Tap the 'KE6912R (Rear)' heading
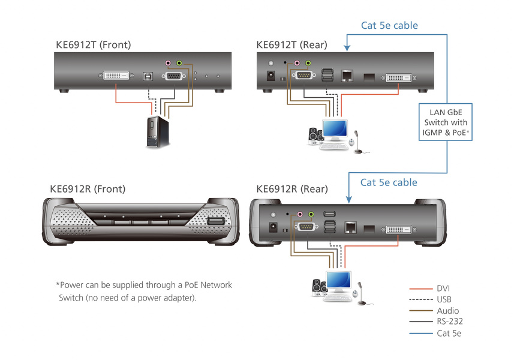tap(292, 189)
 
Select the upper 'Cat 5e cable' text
tap(389, 26)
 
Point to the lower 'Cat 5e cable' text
tap(389, 182)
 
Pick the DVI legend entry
tap(444, 289)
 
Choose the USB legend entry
tap(444, 299)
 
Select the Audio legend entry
tap(447, 311)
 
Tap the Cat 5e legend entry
tap(449, 333)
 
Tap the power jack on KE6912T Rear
tap(271, 77)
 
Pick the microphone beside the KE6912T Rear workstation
tap(357, 142)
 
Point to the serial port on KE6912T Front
tap(173, 76)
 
